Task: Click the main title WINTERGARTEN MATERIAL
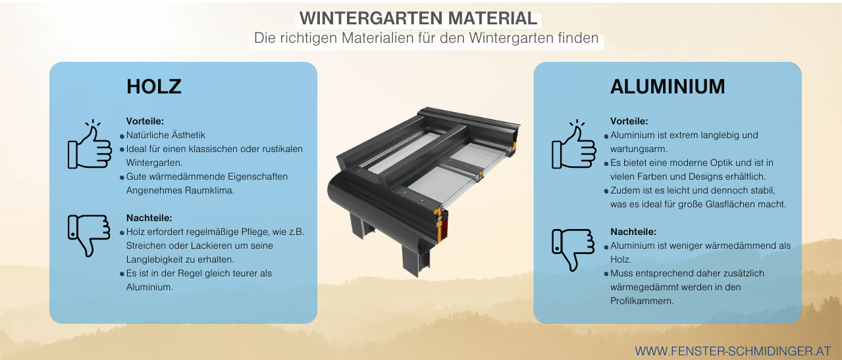pos(418,18)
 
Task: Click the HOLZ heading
pos(153,86)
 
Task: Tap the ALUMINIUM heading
pos(668,86)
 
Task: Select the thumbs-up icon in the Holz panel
pos(90,144)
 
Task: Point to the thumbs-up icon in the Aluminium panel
pos(573,144)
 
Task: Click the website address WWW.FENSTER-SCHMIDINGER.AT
pos(733,351)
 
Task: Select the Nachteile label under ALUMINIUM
pos(633,232)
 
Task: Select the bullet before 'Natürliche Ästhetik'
pos(122,136)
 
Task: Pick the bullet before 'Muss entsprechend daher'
pos(606,274)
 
